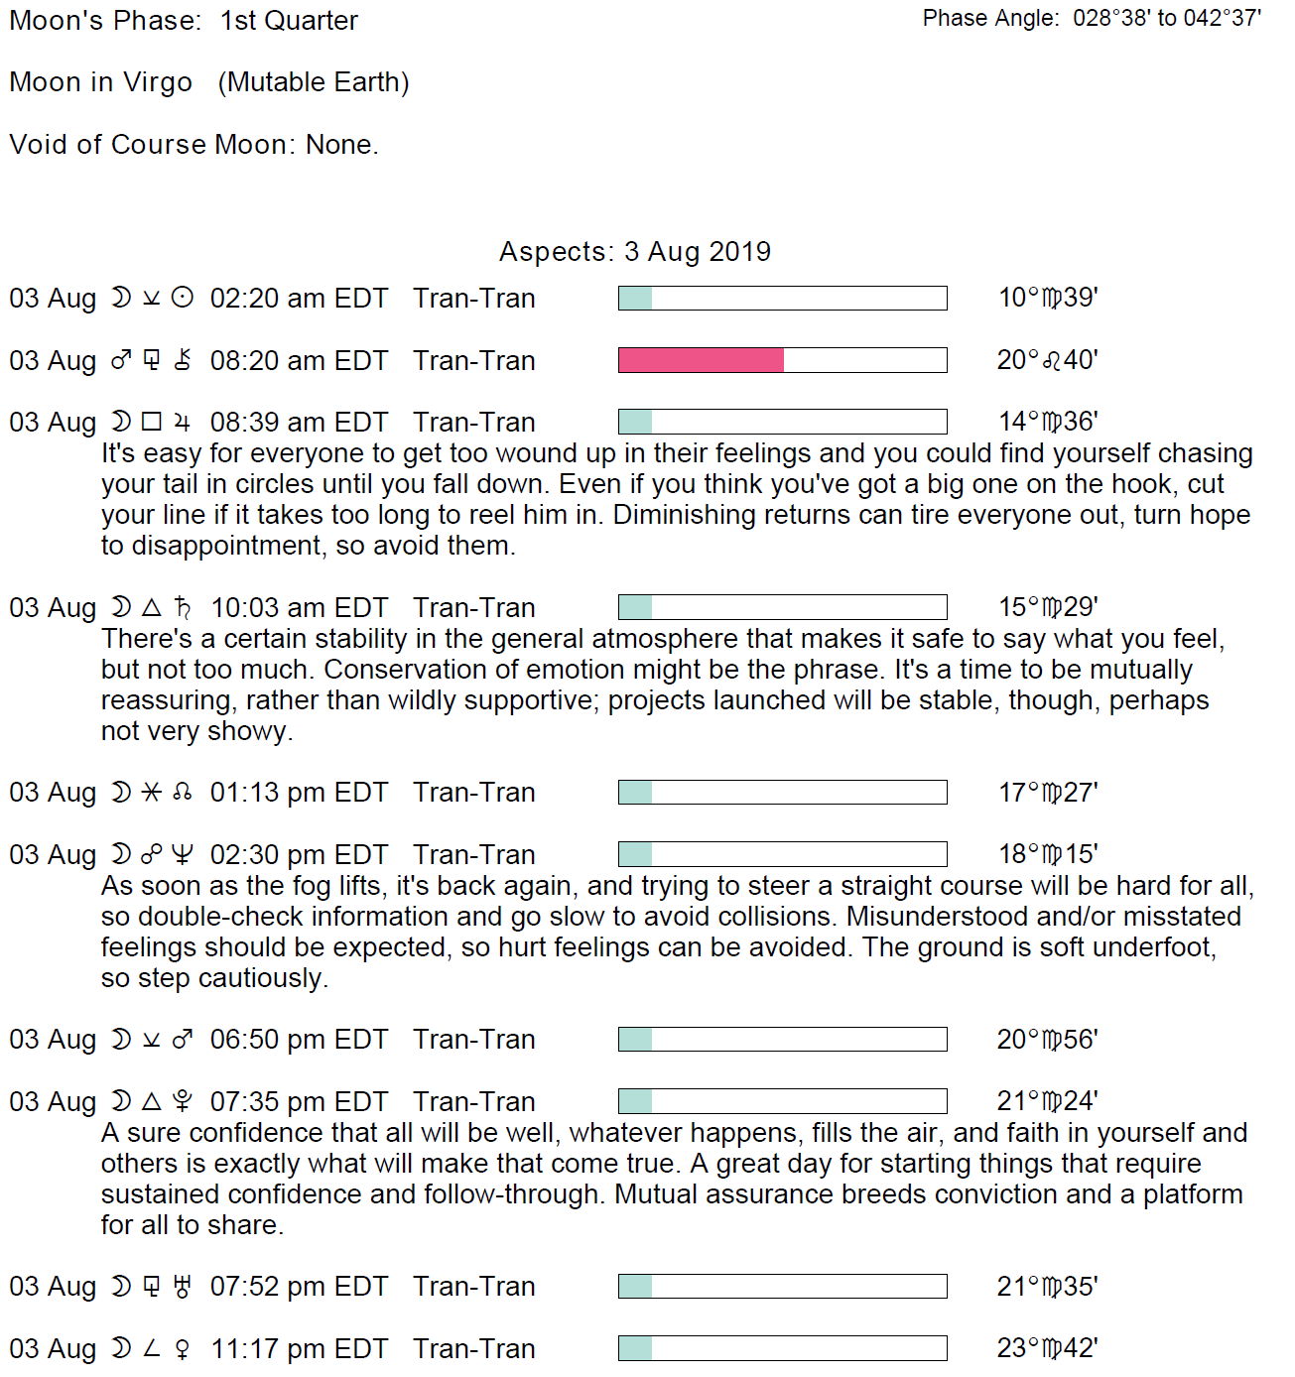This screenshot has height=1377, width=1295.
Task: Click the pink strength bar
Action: (x=701, y=360)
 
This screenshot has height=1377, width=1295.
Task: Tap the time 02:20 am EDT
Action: (x=299, y=299)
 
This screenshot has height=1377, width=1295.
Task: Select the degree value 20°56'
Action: (x=1047, y=1040)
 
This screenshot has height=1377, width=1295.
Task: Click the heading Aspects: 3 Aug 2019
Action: (x=635, y=252)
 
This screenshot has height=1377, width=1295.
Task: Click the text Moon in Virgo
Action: (x=100, y=82)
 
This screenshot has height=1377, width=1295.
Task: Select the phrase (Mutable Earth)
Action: (x=314, y=82)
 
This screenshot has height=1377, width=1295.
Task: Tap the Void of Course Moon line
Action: (x=194, y=145)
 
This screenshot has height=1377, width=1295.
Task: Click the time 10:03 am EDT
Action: (x=299, y=607)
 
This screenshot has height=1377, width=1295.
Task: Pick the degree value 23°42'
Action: (x=1047, y=1348)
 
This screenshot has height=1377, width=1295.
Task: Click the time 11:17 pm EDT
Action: (x=299, y=1348)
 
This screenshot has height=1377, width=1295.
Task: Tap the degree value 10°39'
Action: (x=1047, y=299)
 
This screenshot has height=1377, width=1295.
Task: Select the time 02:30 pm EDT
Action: (x=299, y=854)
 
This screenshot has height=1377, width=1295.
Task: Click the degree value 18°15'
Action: (x=1047, y=854)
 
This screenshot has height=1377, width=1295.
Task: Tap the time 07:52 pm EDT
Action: (x=299, y=1287)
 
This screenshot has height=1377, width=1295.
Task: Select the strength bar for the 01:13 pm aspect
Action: (x=782, y=793)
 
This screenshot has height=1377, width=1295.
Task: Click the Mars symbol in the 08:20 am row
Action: (x=121, y=360)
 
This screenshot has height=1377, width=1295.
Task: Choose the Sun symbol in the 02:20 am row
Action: (x=183, y=298)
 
